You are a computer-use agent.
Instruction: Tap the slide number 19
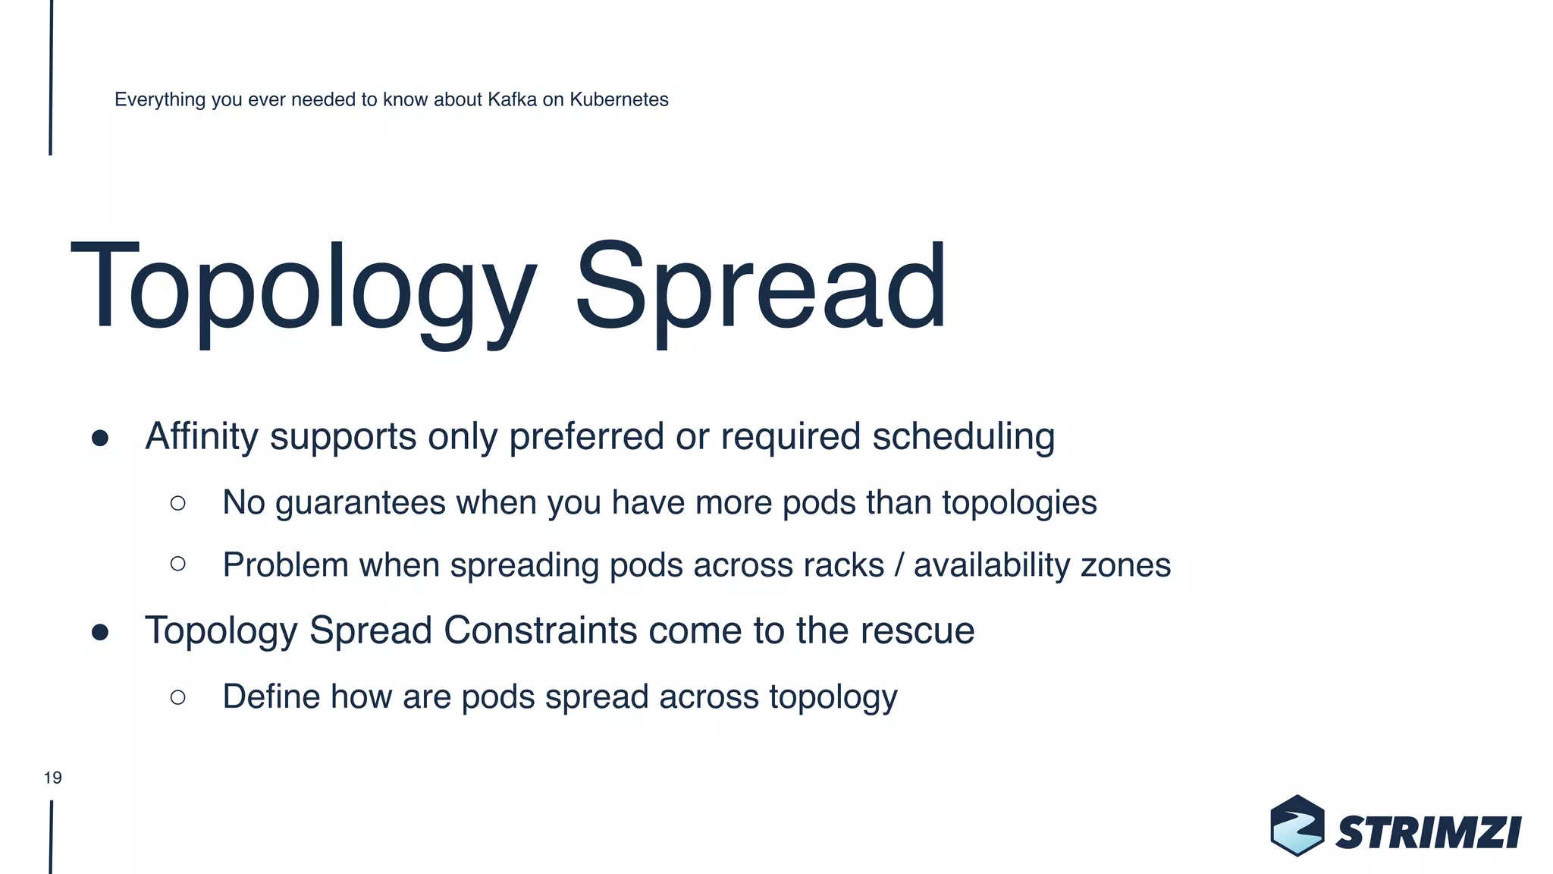tap(52, 778)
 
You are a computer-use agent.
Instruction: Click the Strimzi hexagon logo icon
tap(1297, 825)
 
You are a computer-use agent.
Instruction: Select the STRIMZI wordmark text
tap(1429, 833)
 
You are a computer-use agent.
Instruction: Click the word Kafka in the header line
tap(512, 99)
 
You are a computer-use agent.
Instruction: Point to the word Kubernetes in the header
tap(619, 99)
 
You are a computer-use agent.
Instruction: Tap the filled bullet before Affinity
tap(100, 439)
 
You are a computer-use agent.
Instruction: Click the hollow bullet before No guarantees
tap(178, 503)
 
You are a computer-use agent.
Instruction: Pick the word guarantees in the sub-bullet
tap(360, 504)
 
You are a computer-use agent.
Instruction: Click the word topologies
tap(1019, 504)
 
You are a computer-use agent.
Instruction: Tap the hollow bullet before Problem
tap(178, 564)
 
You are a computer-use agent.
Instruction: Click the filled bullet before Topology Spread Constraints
tap(100, 632)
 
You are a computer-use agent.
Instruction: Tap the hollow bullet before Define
tap(178, 697)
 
